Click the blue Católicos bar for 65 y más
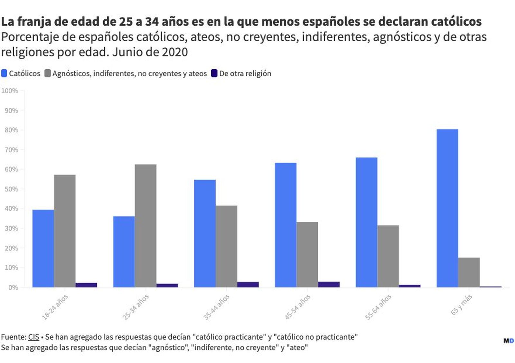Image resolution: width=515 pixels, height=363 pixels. [447, 208]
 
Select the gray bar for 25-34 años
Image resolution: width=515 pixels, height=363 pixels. [145, 226]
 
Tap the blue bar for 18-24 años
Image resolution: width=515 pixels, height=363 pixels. [43, 248]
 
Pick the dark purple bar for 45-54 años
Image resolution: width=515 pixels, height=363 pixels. [329, 284]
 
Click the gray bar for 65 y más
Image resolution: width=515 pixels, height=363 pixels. [469, 272]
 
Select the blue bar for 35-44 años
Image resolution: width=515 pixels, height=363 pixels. [205, 233]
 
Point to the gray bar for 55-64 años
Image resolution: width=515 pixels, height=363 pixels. [388, 256]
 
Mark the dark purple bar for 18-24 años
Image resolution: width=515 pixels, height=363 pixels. [86, 285]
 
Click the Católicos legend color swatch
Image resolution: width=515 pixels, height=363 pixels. [4, 73]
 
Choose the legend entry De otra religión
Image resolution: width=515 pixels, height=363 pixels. [245, 74]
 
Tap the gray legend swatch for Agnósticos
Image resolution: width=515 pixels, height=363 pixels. [48, 73]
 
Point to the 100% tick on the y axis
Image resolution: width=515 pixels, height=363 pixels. [10, 91]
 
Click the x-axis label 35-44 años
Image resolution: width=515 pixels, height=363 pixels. [217, 307]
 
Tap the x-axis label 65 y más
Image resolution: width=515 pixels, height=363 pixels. [461, 304]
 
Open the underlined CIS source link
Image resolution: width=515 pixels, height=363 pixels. [33, 337]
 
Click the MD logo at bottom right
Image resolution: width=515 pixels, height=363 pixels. [508, 341]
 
